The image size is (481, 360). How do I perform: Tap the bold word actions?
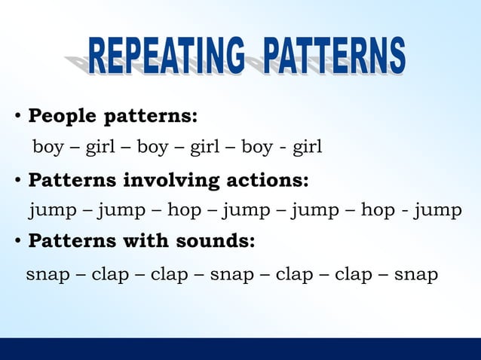263,181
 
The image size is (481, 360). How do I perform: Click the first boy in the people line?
48,147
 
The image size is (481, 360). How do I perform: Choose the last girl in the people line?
307,147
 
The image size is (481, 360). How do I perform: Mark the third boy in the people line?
257,147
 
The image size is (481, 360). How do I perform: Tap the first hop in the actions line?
184,210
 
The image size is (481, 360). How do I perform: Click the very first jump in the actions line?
53,210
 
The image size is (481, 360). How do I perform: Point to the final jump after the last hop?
437,210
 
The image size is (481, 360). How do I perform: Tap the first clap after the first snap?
110,275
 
